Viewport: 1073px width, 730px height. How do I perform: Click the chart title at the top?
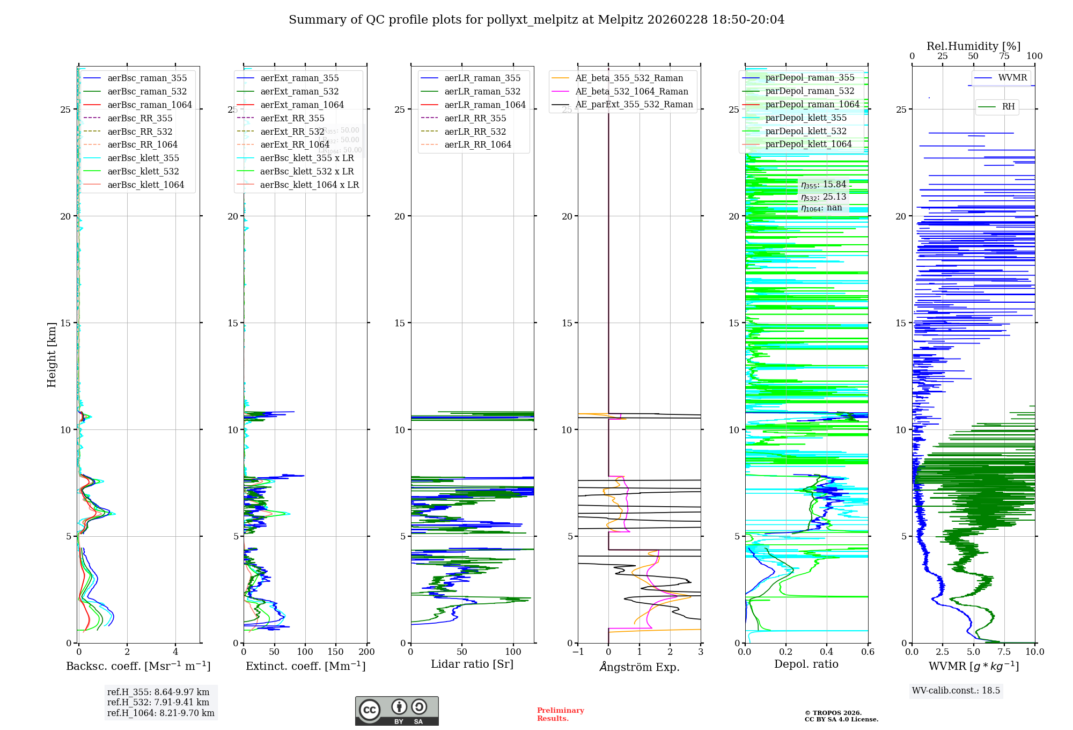pos(536,20)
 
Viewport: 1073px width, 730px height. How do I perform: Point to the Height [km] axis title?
pos(52,354)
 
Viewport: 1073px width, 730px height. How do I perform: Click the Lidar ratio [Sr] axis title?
pos(472,664)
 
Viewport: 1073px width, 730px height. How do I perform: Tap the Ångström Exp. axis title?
pos(639,667)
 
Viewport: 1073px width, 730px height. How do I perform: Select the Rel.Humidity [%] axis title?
pos(973,46)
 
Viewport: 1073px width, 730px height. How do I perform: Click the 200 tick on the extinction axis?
pos(367,652)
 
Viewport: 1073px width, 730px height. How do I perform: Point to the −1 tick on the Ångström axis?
pos(578,652)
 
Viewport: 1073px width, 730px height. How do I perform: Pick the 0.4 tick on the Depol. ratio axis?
pos(827,652)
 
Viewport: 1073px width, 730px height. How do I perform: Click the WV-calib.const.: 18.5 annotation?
pos(956,690)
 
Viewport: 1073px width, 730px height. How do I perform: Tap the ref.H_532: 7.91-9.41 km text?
pos(158,702)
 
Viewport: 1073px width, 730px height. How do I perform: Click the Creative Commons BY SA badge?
pos(396,711)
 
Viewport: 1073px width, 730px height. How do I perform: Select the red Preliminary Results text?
pos(560,714)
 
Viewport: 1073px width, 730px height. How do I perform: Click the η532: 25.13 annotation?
pos(824,197)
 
